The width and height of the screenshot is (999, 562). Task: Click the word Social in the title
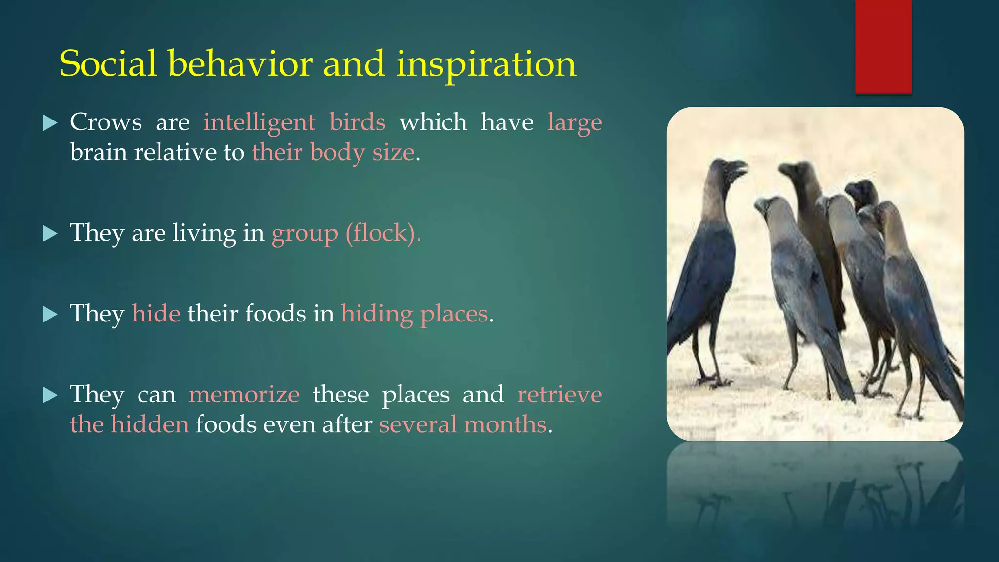tap(108, 63)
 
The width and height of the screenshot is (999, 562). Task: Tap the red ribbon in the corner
tap(883, 47)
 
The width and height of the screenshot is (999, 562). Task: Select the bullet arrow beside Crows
tap(50, 123)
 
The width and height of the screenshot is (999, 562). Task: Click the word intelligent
tap(259, 122)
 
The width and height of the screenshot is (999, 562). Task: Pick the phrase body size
tap(362, 153)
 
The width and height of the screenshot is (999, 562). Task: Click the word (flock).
tap(383, 233)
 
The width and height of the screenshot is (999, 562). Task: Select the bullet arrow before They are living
tap(50, 234)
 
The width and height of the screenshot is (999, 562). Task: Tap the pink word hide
tap(156, 313)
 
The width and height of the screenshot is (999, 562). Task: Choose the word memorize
tap(244, 394)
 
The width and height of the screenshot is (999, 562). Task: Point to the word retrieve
tap(559, 394)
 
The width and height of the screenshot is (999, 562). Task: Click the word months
tap(505, 424)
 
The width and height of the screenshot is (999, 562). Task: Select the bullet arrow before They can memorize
tap(50, 395)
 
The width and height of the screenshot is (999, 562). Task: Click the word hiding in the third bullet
tap(377, 314)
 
